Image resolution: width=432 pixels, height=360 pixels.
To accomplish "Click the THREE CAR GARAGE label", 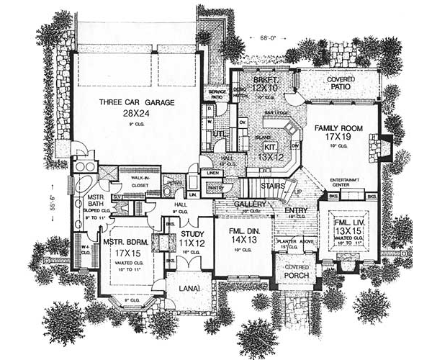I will [136, 103].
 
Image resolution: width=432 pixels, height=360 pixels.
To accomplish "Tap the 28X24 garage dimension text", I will [135, 114].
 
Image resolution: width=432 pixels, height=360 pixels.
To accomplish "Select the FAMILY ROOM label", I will [337, 127].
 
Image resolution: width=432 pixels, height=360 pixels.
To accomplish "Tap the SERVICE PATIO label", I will [217, 95].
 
